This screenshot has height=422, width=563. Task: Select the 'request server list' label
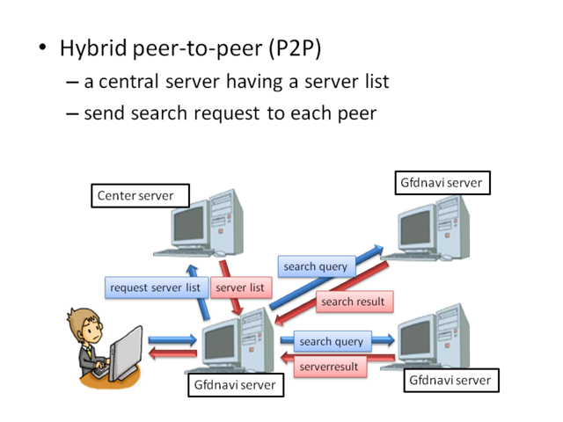click(x=155, y=287)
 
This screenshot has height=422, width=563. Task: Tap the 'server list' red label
click(x=239, y=287)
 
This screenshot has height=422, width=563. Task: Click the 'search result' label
click(x=353, y=302)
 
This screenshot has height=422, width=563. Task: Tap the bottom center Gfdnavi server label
click(x=236, y=385)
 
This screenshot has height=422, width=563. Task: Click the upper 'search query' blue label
click(x=315, y=266)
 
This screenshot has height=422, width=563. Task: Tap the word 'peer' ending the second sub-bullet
click(x=355, y=113)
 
